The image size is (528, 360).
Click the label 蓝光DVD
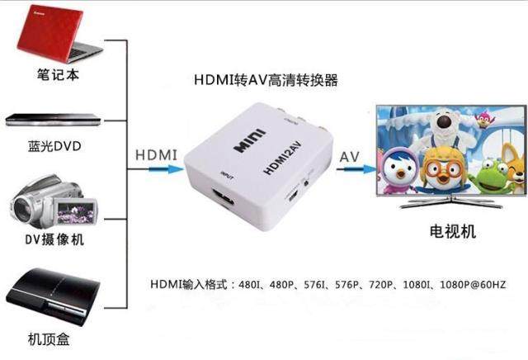(54, 147)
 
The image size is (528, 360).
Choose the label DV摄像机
(54, 240)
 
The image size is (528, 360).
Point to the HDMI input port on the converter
(224, 199)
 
